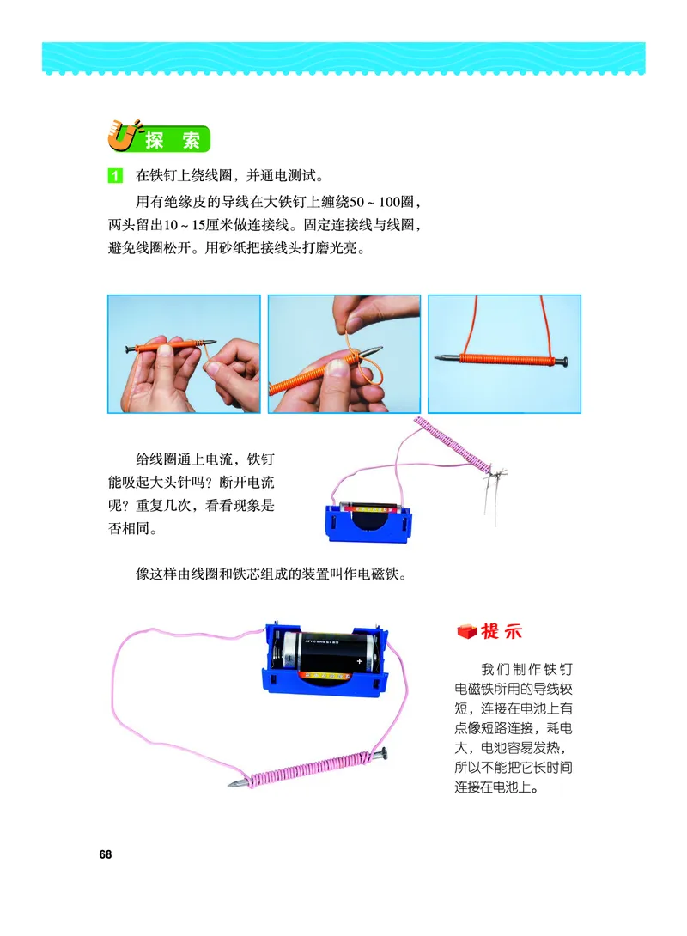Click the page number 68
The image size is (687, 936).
pos(105,854)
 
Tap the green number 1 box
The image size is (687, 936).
pos(114,175)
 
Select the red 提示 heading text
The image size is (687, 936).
pos(502,631)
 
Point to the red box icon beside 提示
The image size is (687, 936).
pos(467,631)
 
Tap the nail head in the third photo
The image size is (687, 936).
pos(562,361)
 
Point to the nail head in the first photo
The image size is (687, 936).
pos(129,349)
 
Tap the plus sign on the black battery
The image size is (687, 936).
pos(359,661)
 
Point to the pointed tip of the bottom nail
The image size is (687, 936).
pos(231,784)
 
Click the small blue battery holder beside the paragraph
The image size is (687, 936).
pos(369,522)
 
